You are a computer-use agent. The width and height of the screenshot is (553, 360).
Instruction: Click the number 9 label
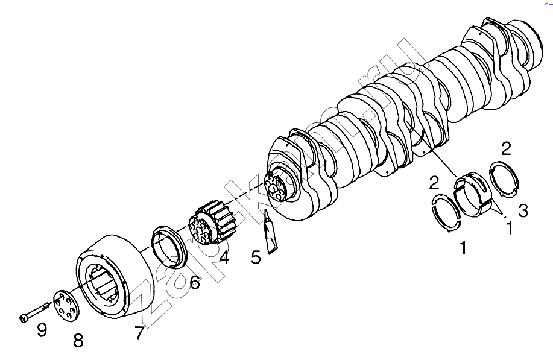click(42, 330)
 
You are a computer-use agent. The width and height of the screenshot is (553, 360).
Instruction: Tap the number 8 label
click(78, 341)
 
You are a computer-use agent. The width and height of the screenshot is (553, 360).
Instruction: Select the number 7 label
click(139, 333)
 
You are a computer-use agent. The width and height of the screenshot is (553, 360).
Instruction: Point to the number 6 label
click(195, 282)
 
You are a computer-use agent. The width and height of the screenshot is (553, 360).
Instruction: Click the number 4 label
click(224, 258)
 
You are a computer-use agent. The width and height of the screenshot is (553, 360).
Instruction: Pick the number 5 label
click(256, 257)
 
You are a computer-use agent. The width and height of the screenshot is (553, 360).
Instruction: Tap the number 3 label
click(523, 210)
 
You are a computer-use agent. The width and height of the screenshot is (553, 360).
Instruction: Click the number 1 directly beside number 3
click(510, 228)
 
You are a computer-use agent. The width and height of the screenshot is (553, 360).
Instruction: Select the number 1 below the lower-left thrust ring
click(463, 247)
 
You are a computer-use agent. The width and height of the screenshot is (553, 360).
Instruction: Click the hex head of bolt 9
click(23, 317)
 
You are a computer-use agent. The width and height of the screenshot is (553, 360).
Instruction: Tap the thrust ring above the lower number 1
click(446, 212)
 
